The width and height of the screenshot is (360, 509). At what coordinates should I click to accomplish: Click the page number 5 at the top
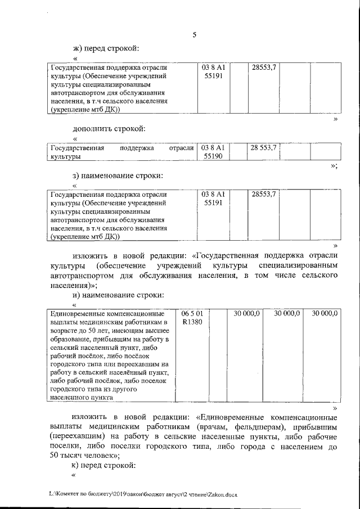click(x=194, y=35)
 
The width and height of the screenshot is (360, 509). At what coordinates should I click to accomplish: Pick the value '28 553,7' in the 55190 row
click(x=263, y=148)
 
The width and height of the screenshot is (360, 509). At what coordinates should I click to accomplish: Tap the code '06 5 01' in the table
click(x=192, y=313)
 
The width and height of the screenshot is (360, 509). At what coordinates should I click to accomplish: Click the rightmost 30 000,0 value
click(x=325, y=313)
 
